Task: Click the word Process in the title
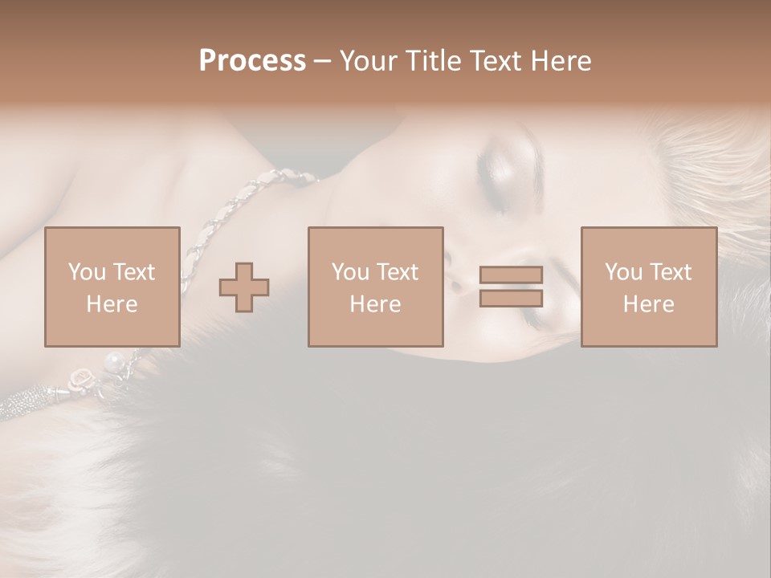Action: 252,61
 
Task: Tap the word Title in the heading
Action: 430,61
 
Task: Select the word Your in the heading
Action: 369,61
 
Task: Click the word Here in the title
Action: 561,61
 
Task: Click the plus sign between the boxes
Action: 244,287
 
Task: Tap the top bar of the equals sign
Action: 511,275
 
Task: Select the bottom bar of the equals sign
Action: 511,298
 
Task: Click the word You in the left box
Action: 86,272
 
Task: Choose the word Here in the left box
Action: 112,304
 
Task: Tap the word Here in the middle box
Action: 375,304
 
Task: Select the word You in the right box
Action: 623,272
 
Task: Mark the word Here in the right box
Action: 648,304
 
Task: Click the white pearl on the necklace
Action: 115,359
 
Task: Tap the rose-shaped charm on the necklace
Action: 82,377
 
